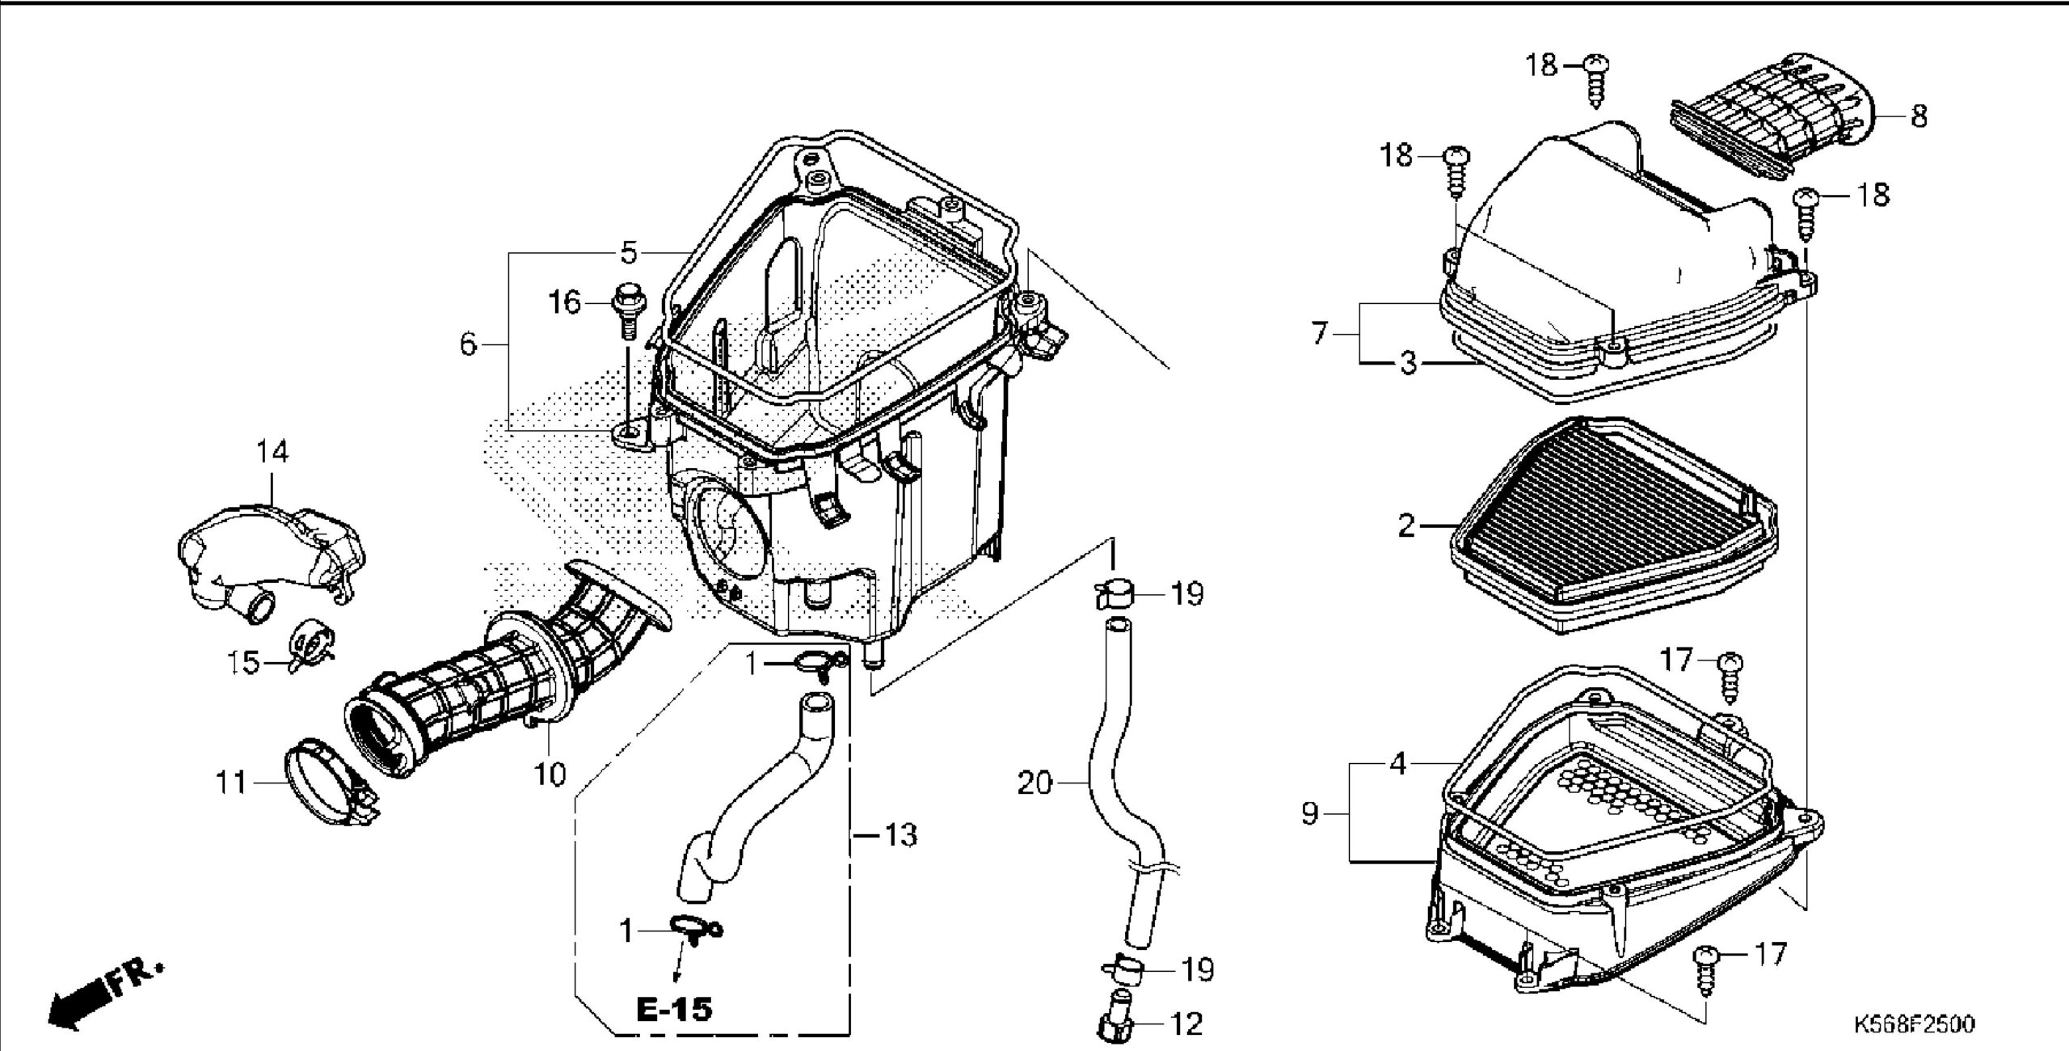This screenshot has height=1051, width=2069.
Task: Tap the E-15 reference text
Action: (674, 1008)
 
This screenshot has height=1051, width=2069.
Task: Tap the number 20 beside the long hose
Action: (1035, 783)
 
